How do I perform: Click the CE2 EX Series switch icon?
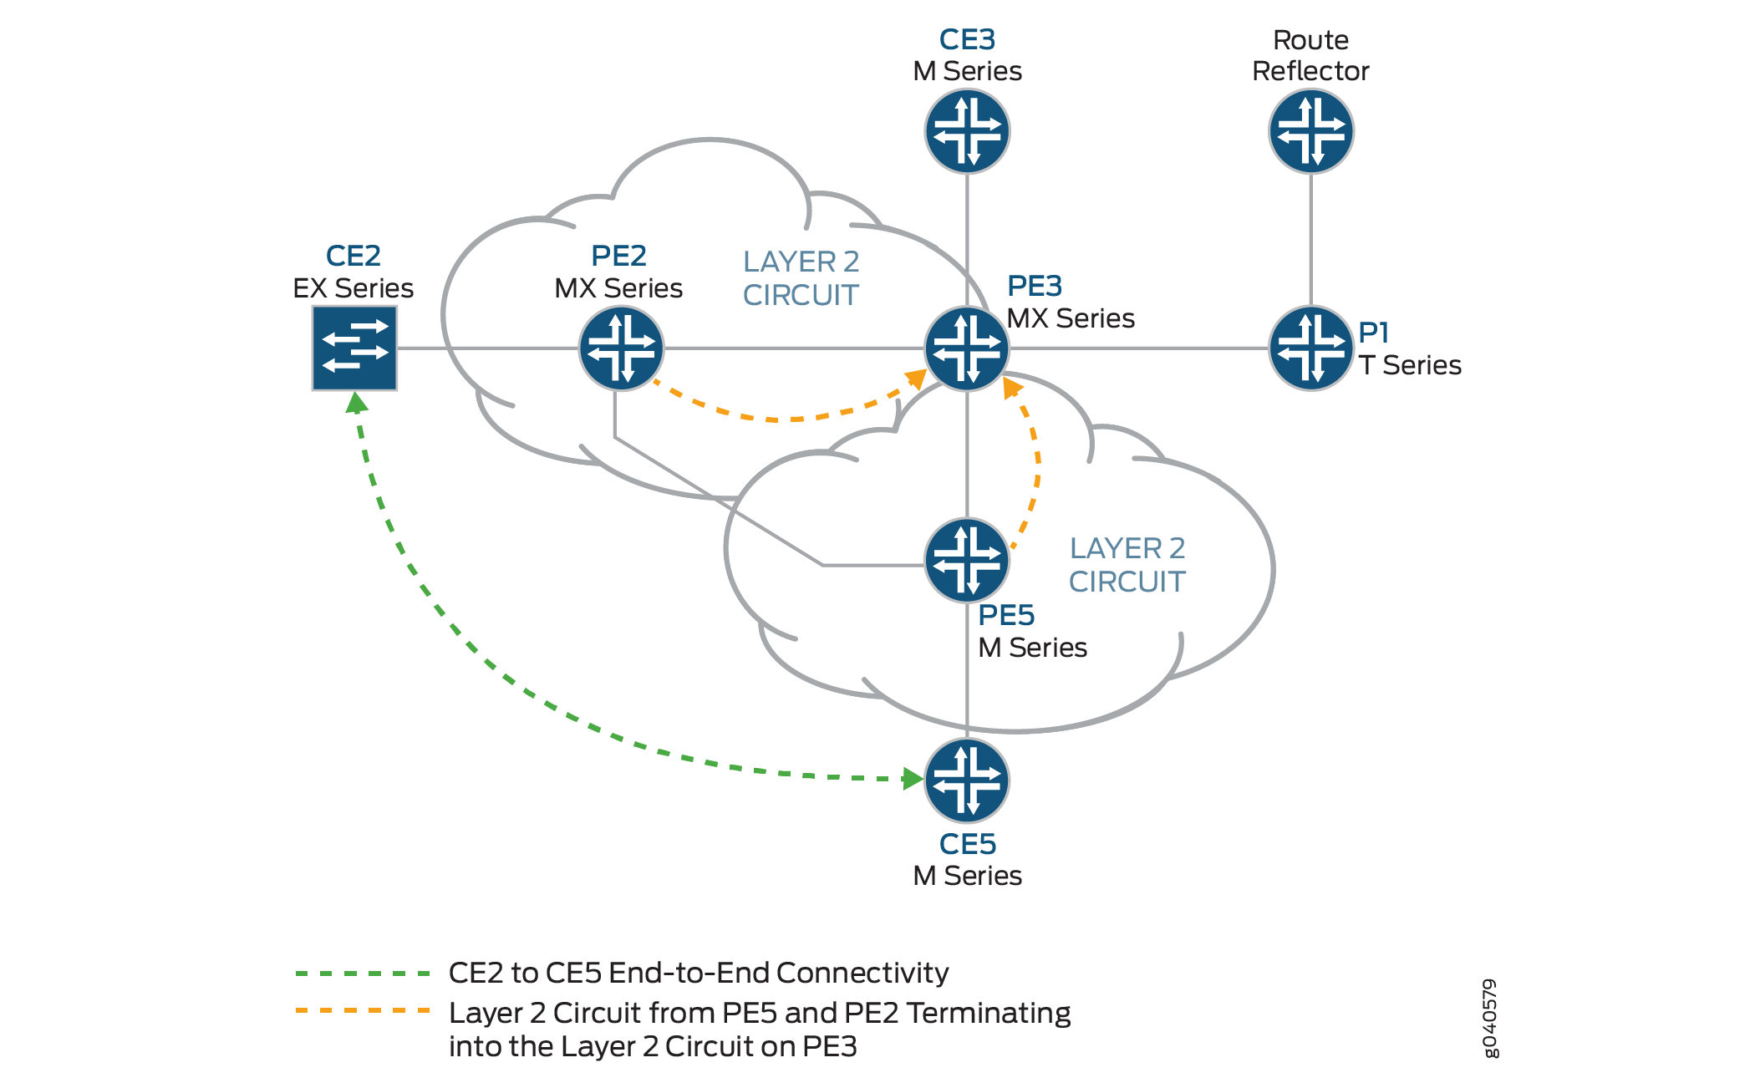[x=354, y=348]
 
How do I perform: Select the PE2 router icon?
[x=621, y=348]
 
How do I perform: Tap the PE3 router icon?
[x=967, y=348]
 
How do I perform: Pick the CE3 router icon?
[x=967, y=131]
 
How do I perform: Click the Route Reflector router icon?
[x=1310, y=131]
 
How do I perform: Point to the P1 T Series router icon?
[x=1310, y=348]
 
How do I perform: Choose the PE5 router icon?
[x=967, y=560]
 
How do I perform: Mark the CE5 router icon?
[x=967, y=780]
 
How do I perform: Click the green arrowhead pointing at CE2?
[x=357, y=404]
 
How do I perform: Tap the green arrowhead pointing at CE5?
[x=913, y=779]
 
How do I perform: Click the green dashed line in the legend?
[x=363, y=974]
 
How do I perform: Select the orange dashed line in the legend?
[x=363, y=1011]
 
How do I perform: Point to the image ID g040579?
[x=1490, y=1018]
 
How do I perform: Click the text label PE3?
[x=1034, y=287]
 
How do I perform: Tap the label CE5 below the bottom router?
[x=967, y=845]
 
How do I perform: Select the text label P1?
[x=1373, y=333]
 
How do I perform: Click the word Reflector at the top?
[x=1310, y=72]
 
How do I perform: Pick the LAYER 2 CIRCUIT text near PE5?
[x=1127, y=565]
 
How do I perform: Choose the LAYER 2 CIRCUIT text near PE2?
[x=801, y=278]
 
